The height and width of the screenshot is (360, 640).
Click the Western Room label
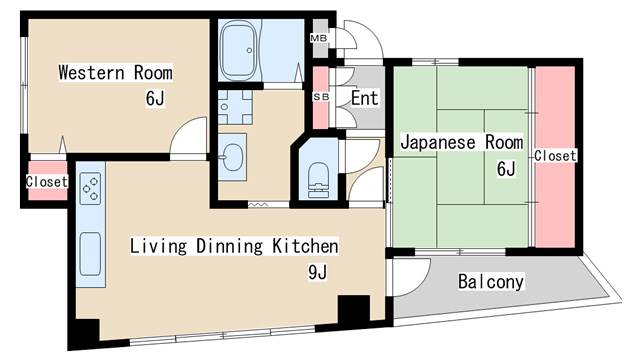(115, 73)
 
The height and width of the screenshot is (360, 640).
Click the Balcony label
(491, 282)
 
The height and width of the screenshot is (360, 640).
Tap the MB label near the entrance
(320, 39)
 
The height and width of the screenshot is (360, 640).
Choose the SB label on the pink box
(321, 97)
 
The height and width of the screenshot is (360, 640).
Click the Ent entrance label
(364, 98)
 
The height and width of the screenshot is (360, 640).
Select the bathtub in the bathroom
(240, 46)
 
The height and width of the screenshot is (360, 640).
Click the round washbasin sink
(234, 155)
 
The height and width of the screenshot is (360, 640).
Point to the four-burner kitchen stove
(90, 187)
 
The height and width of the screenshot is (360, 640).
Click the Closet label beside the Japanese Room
(555, 156)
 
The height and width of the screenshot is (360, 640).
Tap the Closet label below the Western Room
(46, 182)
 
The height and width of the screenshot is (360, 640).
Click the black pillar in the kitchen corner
(353, 310)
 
